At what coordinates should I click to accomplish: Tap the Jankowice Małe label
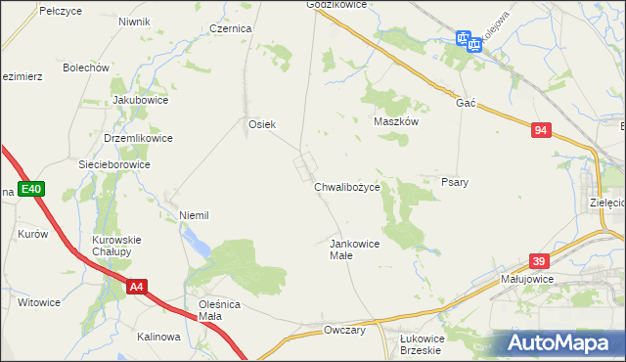[354, 249]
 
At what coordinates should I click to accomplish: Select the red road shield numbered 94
[542, 130]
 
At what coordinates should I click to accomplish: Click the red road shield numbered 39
[538, 261]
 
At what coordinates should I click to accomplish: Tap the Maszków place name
[396, 122]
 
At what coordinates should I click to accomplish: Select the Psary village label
[455, 182]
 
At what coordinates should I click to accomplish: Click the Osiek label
[262, 124]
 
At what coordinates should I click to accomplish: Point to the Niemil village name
[195, 214]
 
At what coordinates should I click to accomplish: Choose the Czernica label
[231, 29]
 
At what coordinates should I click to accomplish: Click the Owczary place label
[344, 331]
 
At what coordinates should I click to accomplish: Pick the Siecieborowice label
[114, 164]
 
